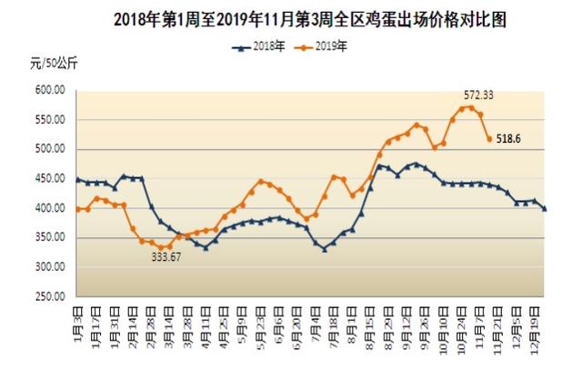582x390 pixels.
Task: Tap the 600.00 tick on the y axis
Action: (49, 90)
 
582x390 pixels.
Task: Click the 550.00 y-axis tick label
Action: (49, 120)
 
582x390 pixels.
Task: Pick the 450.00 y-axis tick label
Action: (49, 179)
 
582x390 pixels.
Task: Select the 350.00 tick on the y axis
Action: (49, 237)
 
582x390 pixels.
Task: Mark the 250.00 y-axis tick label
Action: (49, 296)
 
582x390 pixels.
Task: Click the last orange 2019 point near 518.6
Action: (489, 139)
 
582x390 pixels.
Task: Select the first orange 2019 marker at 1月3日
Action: (77, 209)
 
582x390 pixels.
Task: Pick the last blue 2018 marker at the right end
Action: (545, 209)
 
